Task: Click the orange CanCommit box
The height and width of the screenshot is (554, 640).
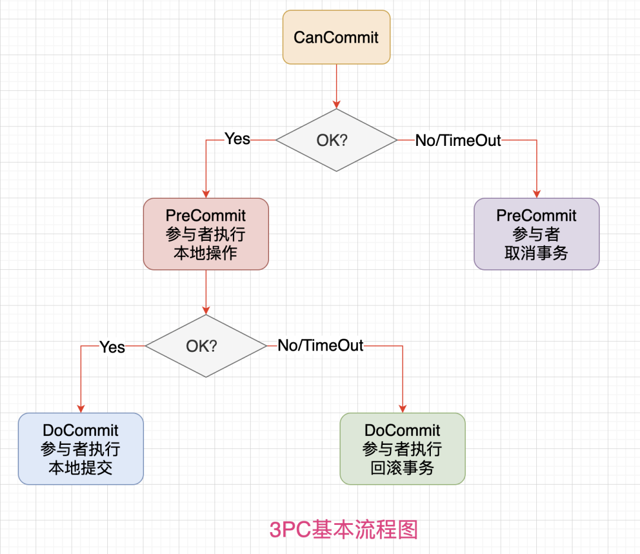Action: (336, 37)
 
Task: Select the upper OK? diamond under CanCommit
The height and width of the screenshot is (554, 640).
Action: (336, 141)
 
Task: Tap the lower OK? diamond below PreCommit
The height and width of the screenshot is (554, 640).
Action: (206, 346)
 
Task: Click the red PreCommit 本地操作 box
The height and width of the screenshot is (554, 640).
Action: (206, 234)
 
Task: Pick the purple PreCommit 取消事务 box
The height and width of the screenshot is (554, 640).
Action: (536, 234)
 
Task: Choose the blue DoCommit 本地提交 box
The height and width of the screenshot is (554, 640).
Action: (81, 448)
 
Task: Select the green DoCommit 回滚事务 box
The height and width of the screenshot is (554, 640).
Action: (402, 448)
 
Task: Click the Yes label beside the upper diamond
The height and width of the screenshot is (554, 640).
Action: (237, 139)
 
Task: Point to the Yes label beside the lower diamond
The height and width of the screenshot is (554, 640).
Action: (112, 346)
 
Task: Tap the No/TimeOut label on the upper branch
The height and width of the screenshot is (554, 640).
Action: (457, 141)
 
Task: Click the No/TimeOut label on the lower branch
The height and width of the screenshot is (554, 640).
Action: (320, 346)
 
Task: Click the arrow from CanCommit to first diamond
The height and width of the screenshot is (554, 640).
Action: (336, 86)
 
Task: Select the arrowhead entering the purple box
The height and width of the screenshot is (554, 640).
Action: (536, 193)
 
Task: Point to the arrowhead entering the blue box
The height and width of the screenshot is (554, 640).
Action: (81, 408)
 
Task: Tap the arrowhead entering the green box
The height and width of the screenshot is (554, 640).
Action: (402, 408)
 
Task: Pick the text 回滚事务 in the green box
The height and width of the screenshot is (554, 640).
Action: (402, 468)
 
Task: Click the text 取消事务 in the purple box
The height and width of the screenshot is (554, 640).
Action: (536, 253)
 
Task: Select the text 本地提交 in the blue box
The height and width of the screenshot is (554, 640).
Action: (81, 468)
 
